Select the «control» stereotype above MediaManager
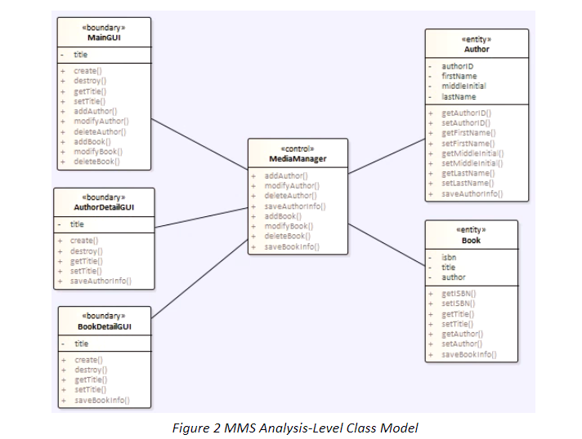point(298,149)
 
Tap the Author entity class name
point(477,49)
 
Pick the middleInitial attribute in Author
point(463,86)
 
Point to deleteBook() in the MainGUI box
point(96,162)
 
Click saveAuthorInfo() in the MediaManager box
point(294,206)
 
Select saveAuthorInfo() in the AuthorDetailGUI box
point(101,282)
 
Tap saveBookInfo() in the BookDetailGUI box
point(101,401)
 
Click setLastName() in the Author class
point(468,184)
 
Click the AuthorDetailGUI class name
point(104,207)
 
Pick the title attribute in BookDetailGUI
point(82,344)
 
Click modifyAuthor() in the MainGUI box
point(101,121)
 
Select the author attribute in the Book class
point(453,277)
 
